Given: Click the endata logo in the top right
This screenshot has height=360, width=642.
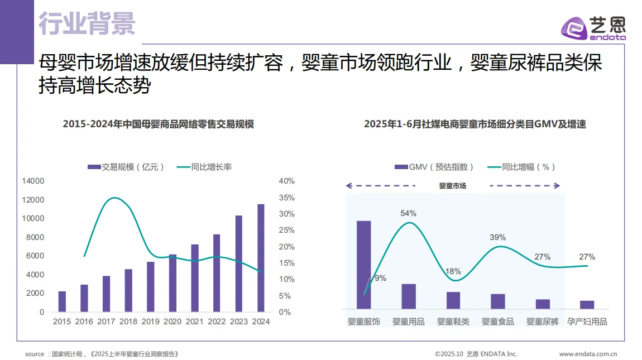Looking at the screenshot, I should (x=593, y=28).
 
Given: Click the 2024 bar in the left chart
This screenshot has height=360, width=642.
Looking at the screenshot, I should (x=261, y=258).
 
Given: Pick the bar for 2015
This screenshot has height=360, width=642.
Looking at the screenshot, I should (x=62, y=301).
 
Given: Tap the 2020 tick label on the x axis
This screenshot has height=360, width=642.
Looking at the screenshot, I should (x=172, y=321).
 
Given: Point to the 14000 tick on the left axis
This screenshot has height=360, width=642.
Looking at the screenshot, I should (x=33, y=181).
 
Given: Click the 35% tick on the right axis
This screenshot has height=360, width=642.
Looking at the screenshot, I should (x=286, y=198).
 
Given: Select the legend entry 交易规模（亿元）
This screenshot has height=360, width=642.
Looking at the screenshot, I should (x=127, y=167).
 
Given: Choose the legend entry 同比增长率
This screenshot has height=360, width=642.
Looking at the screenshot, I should (x=204, y=167).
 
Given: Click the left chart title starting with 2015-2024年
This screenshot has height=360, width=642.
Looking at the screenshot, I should (x=158, y=124).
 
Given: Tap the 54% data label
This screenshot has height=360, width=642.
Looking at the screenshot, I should (x=408, y=213).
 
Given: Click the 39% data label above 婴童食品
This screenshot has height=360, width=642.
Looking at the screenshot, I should (x=497, y=237).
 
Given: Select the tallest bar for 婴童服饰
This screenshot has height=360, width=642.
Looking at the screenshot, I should (x=364, y=265).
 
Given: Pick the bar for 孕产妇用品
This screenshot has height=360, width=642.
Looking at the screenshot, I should (x=587, y=305).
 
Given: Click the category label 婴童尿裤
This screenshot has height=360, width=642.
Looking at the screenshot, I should (x=542, y=321).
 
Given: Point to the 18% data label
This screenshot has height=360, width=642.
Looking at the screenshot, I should (x=453, y=271).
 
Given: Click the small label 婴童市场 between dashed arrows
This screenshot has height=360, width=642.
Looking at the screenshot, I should (x=452, y=186).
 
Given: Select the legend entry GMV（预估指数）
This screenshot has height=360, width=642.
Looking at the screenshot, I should (x=434, y=167).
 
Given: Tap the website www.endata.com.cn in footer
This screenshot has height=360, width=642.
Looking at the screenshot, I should (x=587, y=354).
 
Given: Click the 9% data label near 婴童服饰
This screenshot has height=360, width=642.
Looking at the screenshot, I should (x=380, y=278).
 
